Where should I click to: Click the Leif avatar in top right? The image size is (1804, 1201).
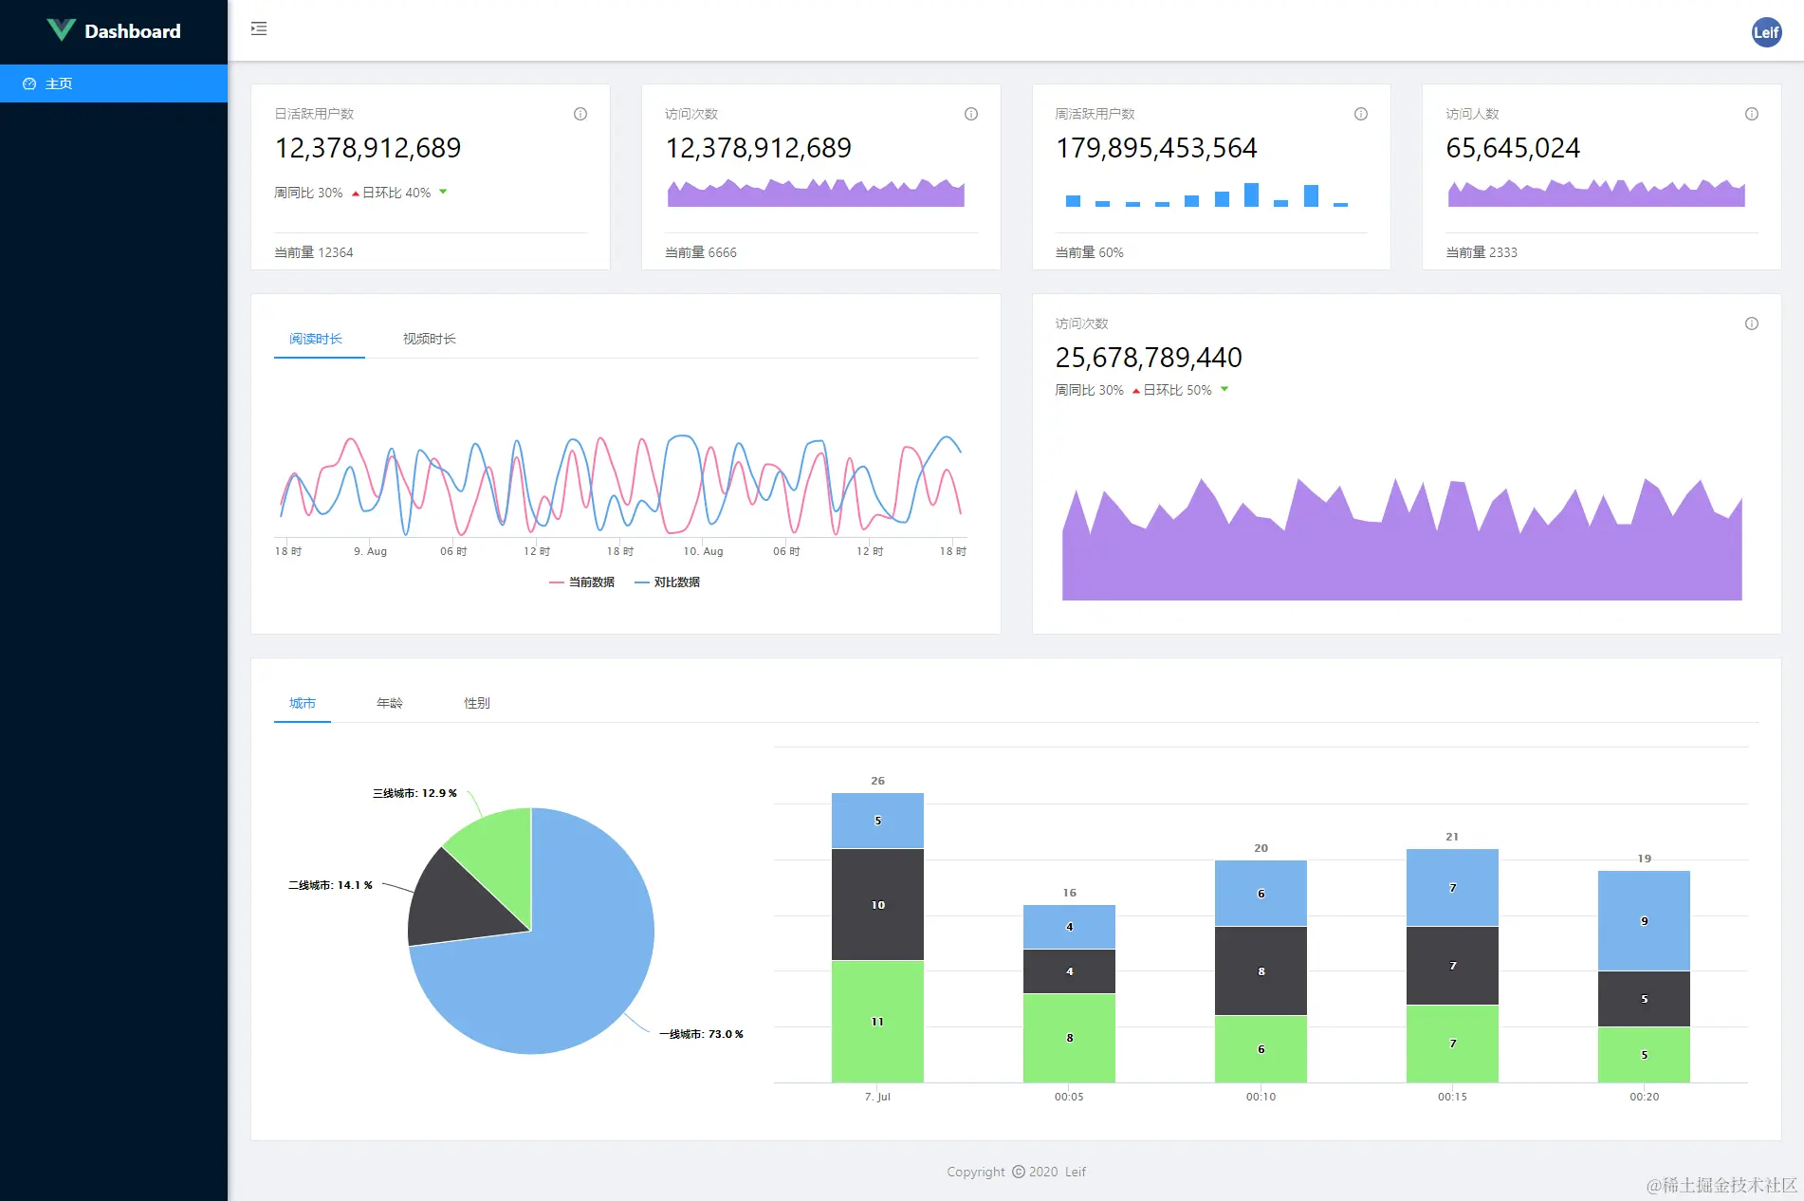[x=1765, y=31]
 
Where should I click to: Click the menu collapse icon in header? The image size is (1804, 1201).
[x=259, y=29]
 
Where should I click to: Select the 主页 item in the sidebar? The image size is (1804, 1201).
[x=59, y=83]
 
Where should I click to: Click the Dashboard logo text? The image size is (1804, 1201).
[x=132, y=31]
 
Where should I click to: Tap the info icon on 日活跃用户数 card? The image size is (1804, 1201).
[x=580, y=114]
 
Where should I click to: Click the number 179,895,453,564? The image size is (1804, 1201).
[x=1155, y=148]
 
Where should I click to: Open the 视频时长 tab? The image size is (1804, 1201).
[x=429, y=339]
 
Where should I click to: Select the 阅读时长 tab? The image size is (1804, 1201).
[x=316, y=339]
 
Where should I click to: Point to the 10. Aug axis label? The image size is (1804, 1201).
[x=703, y=551]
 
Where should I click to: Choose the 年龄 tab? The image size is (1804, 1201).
[x=389, y=703]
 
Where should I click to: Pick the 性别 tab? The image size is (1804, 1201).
[x=476, y=703]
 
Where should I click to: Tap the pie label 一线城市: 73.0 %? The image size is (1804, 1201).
[x=701, y=1034]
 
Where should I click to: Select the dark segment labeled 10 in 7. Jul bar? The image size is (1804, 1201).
[x=877, y=904]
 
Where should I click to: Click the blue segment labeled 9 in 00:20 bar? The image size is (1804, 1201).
[x=1643, y=920]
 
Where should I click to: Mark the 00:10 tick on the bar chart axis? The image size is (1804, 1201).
[x=1261, y=1097]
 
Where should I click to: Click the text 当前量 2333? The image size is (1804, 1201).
[x=1481, y=252]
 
